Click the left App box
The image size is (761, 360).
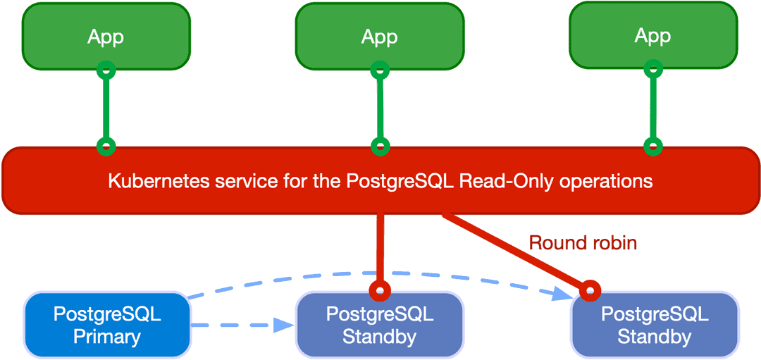(106, 36)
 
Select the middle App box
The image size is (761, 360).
(379, 36)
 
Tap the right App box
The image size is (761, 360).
(652, 35)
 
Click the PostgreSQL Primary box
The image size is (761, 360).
(107, 325)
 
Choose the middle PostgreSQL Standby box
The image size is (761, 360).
(379, 325)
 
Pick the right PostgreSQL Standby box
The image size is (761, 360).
(654, 325)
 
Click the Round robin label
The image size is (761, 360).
(583, 243)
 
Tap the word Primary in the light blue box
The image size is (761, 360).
(107, 336)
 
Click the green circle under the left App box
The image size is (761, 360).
(106, 70)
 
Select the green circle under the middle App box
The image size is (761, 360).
(380, 70)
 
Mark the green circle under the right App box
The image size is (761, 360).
(653, 69)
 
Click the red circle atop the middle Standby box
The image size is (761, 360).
(380, 289)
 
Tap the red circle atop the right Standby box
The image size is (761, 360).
(590, 289)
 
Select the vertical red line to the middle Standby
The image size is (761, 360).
(380, 247)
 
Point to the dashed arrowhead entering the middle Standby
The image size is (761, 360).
(284, 325)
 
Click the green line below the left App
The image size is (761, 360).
(106, 109)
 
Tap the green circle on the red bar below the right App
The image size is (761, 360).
(653, 147)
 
